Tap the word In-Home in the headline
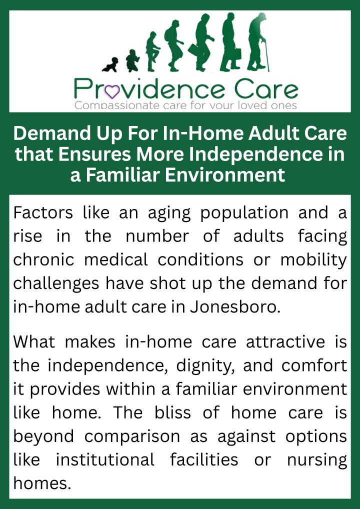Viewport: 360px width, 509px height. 197,133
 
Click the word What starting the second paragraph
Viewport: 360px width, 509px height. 34,342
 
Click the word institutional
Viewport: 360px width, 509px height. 105,460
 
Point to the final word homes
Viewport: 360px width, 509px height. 42,483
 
